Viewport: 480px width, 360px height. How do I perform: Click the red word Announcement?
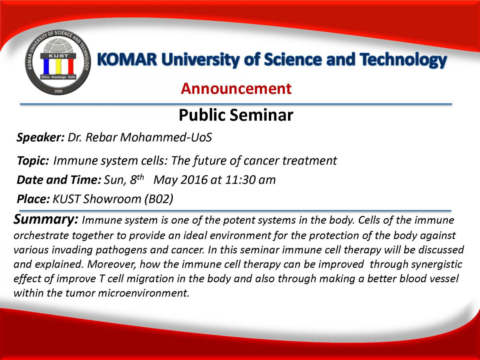coord(236,89)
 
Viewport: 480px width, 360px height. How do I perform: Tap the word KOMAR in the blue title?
coord(127,60)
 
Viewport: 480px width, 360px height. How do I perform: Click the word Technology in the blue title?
coord(403,60)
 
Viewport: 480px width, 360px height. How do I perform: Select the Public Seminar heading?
coord(236,115)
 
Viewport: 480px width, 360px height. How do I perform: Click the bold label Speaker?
coord(41,138)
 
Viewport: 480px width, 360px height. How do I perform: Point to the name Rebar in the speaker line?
coord(102,137)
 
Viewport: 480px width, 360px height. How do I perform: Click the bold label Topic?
coord(33,161)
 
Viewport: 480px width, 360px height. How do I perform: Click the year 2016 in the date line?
coord(194,180)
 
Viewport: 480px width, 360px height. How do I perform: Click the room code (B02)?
coord(159,199)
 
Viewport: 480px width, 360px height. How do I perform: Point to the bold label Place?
coord(34,199)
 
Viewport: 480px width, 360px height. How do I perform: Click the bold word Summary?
coord(46,219)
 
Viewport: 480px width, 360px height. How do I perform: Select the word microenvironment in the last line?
coord(144,293)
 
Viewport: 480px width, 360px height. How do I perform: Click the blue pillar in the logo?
coord(46,66)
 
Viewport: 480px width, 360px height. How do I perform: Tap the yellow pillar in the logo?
coord(58,66)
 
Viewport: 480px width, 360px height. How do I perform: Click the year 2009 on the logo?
coord(58,91)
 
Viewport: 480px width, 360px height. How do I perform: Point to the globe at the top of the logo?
coord(58,46)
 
